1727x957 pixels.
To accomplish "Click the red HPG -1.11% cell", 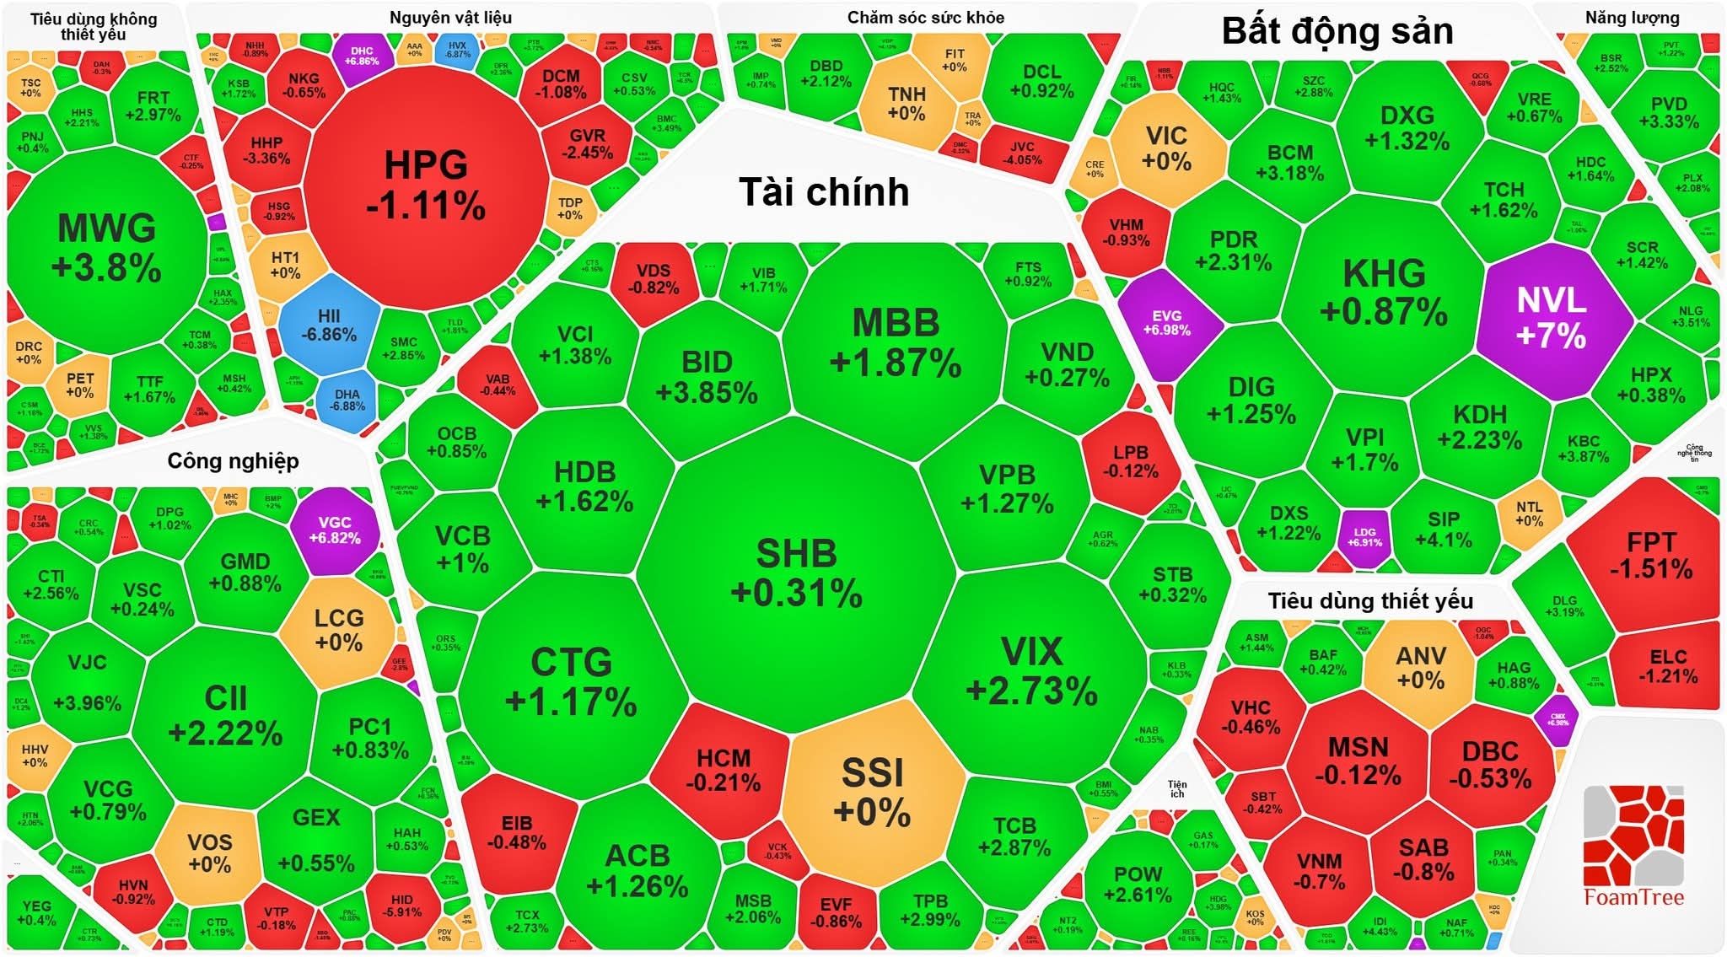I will pos(426,185).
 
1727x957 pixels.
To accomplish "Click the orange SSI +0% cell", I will pos(872,793).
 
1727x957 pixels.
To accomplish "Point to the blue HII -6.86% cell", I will pos(329,325).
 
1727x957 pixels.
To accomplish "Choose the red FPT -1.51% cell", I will pos(1651,555).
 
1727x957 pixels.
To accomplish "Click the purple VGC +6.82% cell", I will pos(335,530).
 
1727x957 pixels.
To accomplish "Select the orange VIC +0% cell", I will pos(1166,148).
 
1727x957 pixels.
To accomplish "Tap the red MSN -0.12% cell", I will pos(1358,761).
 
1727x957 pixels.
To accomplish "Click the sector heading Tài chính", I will pos(824,192).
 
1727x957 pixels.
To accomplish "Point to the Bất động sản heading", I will pos(1337,31).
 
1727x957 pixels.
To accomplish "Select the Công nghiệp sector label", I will pos(233,461).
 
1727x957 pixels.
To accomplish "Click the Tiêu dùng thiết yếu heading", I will pos(1370,601).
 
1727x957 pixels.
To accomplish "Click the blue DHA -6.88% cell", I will pos(347,400).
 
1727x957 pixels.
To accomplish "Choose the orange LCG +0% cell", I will pos(339,630).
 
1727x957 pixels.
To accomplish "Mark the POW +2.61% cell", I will pos(1138,884).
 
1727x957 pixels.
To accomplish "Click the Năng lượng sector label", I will pos(1632,18).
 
